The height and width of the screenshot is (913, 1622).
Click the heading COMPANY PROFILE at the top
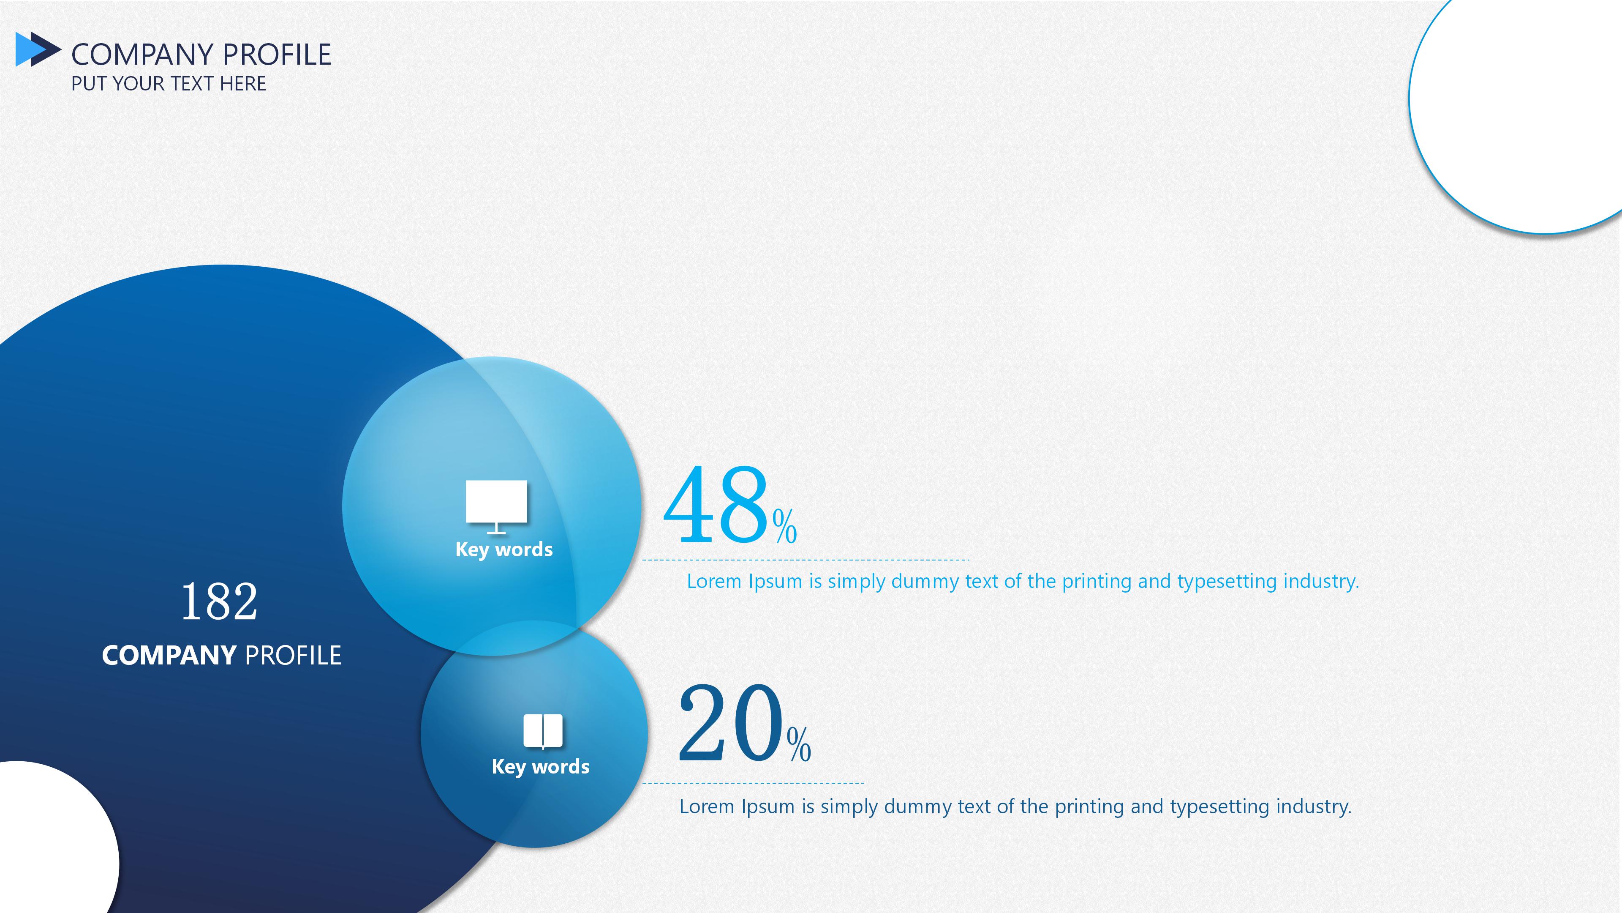click(201, 55)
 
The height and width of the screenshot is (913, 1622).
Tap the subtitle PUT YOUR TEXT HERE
click(168, 84)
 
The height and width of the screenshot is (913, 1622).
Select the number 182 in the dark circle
click(219, 601)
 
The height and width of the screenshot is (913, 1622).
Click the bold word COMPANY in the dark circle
click(169, 655)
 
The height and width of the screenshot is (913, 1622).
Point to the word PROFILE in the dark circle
click(293, 655)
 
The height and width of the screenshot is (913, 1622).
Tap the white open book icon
click(543, 731)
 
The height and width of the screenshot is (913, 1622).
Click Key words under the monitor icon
click(504, 549)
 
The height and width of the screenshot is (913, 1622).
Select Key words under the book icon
click(540, 767)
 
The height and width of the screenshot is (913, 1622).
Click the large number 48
click(716, 504)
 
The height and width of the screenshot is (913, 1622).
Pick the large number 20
click(730, 723)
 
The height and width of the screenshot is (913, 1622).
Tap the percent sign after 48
click(784, 526)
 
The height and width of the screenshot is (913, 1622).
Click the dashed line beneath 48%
click(806, 560)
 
